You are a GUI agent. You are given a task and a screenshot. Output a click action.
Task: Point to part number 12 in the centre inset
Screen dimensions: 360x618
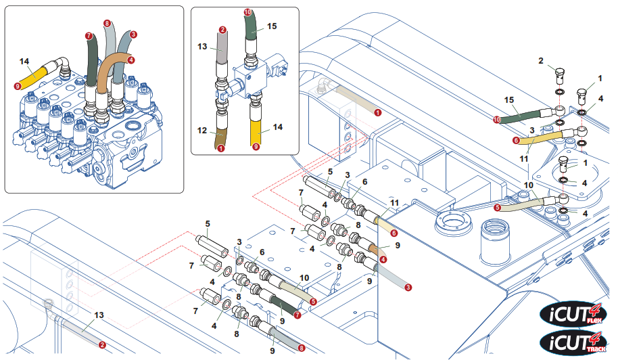click(x=203, y=130)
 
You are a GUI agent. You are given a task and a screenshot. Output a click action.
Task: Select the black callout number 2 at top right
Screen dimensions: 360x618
click(x=540, y=61)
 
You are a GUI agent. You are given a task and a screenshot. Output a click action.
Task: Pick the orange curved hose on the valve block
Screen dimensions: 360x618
click(x=108, y=74)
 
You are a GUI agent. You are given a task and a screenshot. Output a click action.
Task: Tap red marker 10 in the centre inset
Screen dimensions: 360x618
click(x=247, y=12)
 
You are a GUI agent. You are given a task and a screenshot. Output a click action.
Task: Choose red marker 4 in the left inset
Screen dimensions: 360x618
click(x=130, y=60)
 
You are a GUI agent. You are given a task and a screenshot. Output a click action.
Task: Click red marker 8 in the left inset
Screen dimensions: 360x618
click(x=107, y=23)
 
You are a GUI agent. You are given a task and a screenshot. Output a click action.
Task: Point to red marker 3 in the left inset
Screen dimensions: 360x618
click(x=133, y=34)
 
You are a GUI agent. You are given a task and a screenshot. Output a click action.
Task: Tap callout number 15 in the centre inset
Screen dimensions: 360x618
click(x=272, y=26)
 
